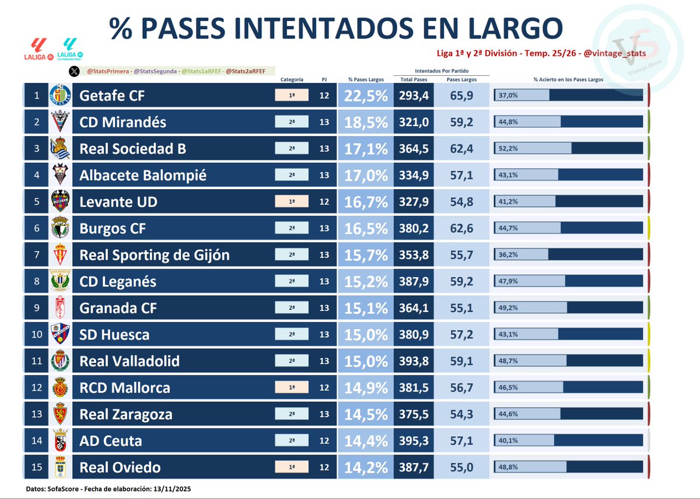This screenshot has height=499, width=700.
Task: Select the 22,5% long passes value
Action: click(366, 96)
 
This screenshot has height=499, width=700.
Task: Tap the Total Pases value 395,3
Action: click(414, 441)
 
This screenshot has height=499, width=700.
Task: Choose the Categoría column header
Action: click(292, 79)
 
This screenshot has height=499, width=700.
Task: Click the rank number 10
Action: click(36, 334)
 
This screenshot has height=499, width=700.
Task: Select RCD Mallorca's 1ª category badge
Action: click(292, 388)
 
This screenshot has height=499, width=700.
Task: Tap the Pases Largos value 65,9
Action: click(461, 96)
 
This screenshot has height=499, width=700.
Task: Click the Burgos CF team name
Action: click(113, 229)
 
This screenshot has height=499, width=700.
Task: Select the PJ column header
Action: click(324, 79)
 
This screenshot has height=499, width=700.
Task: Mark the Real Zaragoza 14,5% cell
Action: click(366, 414)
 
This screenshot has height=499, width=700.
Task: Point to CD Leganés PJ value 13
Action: click(324, 281)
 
